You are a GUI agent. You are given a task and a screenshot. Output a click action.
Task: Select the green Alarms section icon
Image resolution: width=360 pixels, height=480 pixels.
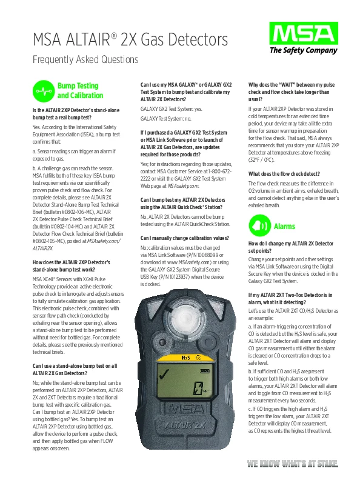pos(260,225)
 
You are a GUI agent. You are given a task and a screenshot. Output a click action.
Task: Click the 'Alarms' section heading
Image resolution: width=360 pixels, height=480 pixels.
pos(284,226)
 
